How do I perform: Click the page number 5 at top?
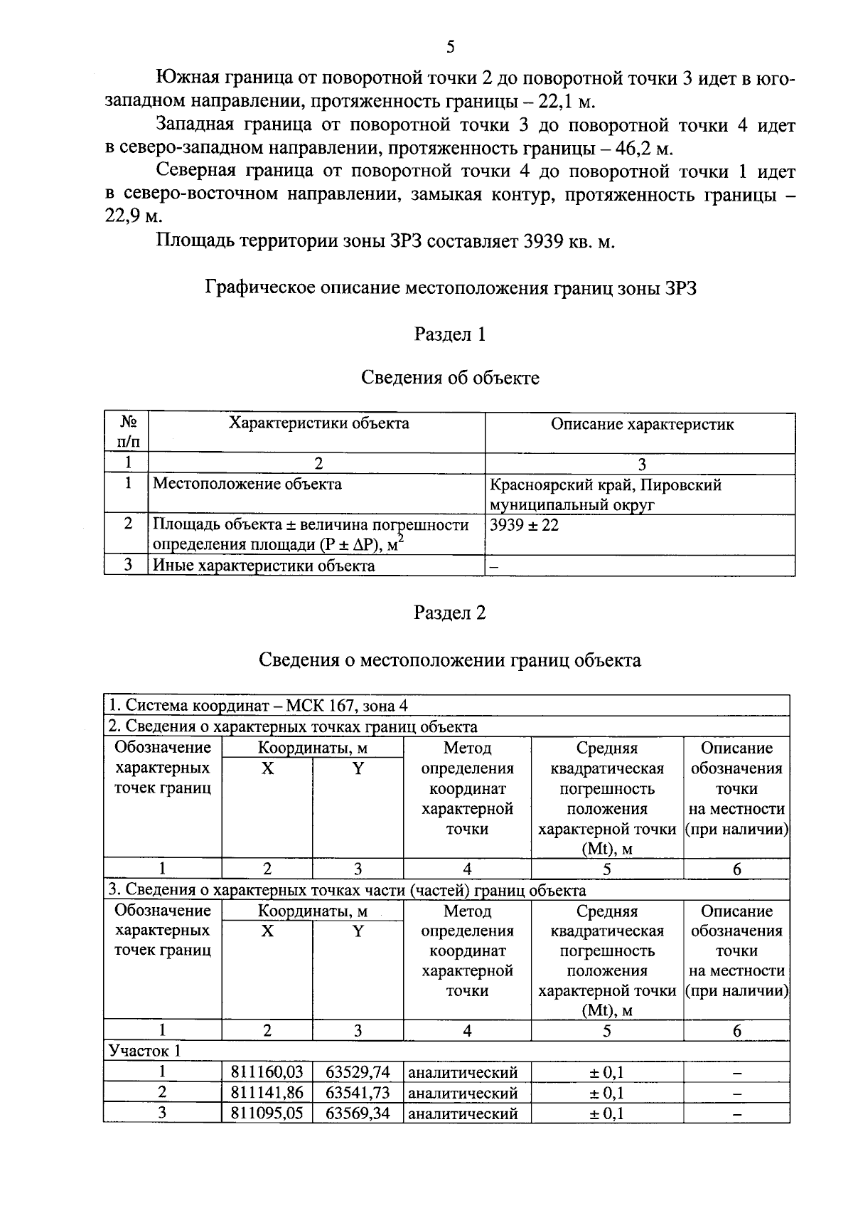(x=449, y=48)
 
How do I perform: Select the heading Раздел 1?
(x=449, y=334)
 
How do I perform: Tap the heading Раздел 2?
(x=449, y=613)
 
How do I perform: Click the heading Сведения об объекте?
(x=449, y=378)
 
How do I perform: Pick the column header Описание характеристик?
(x=642, y=425)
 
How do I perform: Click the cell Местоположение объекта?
(x=247, y=485)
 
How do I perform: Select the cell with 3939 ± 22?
(x=525, y=526)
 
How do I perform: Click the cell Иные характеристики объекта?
(x=264, y=566)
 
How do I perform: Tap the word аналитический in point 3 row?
(x=463, y=1113)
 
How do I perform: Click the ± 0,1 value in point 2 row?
(x=606, y=1093)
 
